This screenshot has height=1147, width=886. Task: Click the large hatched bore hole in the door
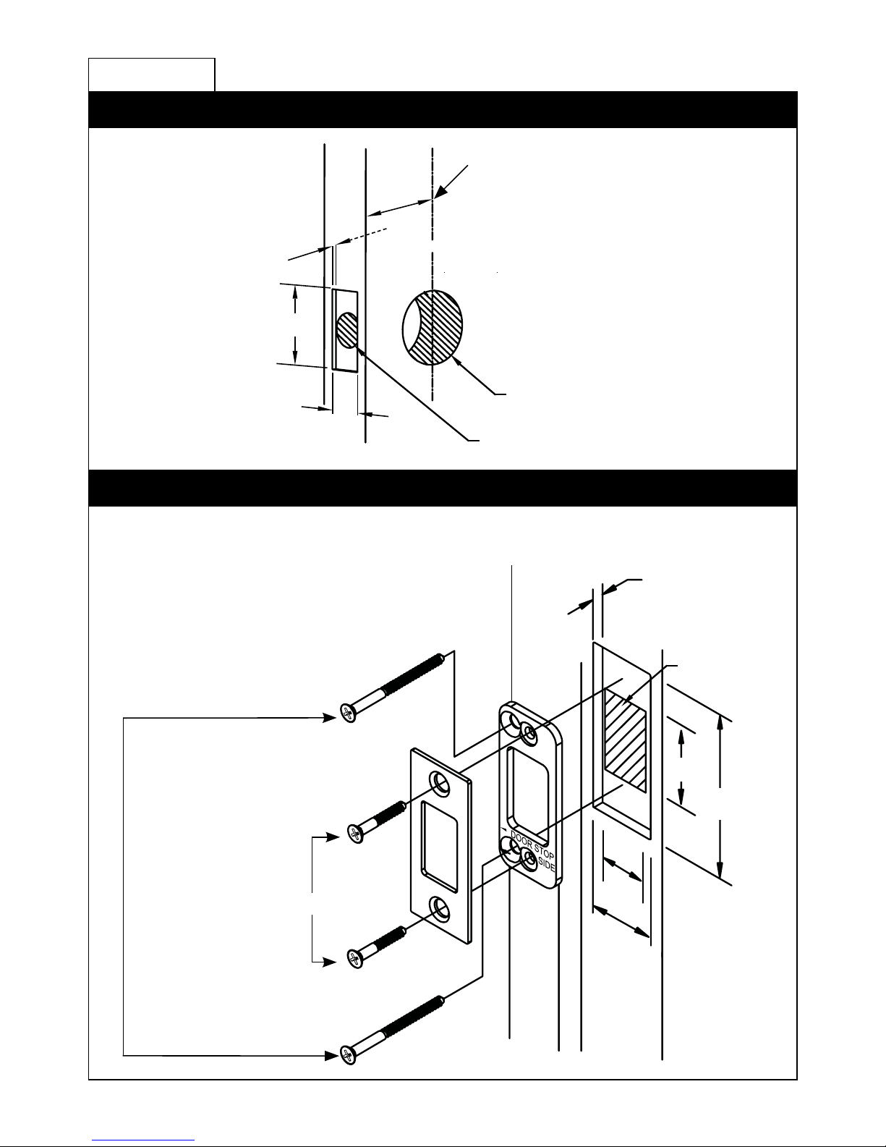[433, 327]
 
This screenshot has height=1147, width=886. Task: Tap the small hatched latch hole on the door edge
[346, 330]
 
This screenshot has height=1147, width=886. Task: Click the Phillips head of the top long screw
[348, 713]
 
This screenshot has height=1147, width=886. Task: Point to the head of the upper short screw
[355, 834]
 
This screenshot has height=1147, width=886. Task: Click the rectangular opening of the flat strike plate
[439, 847]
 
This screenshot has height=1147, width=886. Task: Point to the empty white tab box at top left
[152, 75]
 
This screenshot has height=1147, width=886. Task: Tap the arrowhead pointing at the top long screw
[330, 718]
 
